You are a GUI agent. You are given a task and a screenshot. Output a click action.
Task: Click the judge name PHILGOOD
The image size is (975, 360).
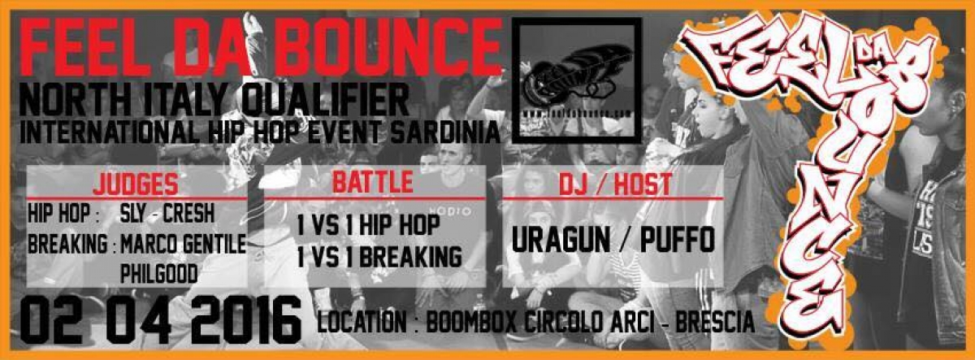pos(158,275)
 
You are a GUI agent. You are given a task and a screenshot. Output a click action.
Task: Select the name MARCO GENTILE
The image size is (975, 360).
pos(183,244)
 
